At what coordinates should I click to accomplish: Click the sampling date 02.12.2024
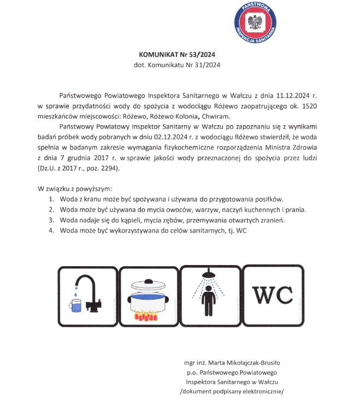pyautogui.click(x=173, y=137)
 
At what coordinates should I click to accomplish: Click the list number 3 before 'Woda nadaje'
pyautogui.click(x=51, y=220)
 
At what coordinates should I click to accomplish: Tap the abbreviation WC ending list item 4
pyautogui.click(x=241, y=231)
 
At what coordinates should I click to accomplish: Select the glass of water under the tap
pyautogui.click(x=76, y=305)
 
